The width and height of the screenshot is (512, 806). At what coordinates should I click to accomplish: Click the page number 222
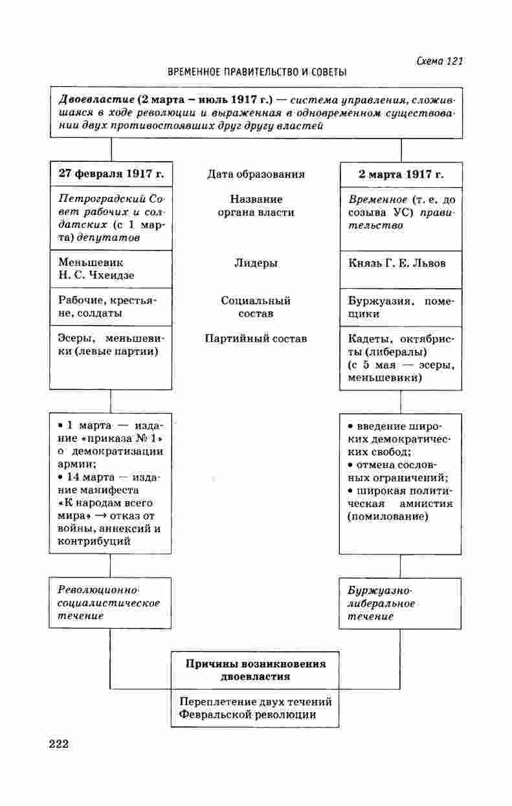[x=58, y=743]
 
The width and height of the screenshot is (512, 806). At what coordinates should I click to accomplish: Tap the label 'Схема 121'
[x=440, y=61]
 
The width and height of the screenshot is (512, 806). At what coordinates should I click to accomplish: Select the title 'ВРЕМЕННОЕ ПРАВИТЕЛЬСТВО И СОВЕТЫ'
[x=257, y=72]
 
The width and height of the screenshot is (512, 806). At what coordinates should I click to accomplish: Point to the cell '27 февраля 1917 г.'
[x=111, y=174]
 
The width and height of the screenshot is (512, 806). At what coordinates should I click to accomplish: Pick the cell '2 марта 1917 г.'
[x=401, y=174]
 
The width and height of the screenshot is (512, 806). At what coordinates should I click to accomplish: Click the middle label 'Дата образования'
[x=256, y=174]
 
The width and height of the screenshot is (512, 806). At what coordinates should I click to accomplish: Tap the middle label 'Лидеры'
[x=256, y=263]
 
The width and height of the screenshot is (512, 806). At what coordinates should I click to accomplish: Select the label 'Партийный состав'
[x=256, y=339]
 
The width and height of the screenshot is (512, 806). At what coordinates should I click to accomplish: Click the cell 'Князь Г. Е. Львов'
[x=397, y=263]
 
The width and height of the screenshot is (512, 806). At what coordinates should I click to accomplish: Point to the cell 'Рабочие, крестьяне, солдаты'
[x=107, y=307]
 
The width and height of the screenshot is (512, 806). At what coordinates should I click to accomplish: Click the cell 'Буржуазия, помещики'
[x=401, y=307]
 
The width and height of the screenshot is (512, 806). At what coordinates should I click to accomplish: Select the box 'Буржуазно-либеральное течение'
[x=382, y=603]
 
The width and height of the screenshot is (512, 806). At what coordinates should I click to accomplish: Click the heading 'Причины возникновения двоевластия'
[x=256, y=670]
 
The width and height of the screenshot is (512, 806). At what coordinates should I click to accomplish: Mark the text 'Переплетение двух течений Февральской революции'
[x=256, y=708]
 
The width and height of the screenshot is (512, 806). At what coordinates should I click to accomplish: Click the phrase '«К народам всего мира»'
[x=104, y=508]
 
